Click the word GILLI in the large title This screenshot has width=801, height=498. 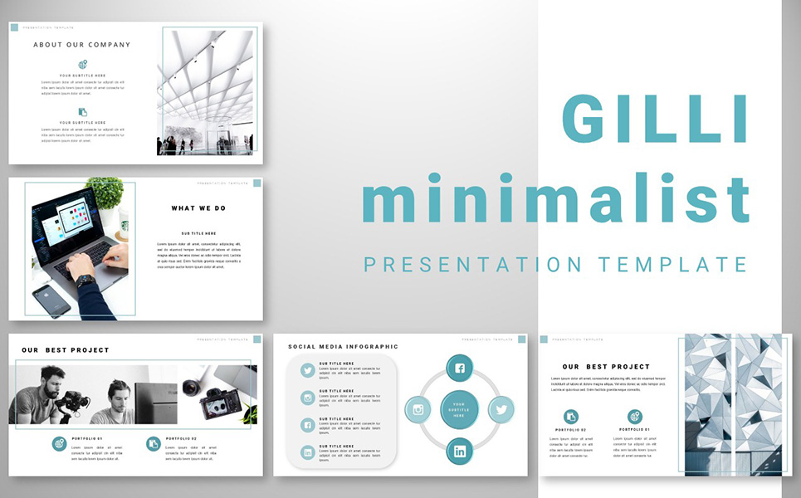655,119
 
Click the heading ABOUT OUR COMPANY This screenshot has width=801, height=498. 82,45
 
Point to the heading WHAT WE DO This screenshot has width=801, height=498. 198,208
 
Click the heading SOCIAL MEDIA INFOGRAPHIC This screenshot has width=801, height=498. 343,347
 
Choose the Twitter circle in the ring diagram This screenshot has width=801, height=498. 501,409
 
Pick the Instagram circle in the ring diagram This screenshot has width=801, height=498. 418,409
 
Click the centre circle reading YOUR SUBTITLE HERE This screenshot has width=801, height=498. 459,409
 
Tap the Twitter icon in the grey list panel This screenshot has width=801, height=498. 308,370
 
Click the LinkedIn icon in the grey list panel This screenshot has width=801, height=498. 308,452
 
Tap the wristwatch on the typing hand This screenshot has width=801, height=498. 85,281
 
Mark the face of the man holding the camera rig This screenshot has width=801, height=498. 53,384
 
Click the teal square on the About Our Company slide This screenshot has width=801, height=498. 14,27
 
